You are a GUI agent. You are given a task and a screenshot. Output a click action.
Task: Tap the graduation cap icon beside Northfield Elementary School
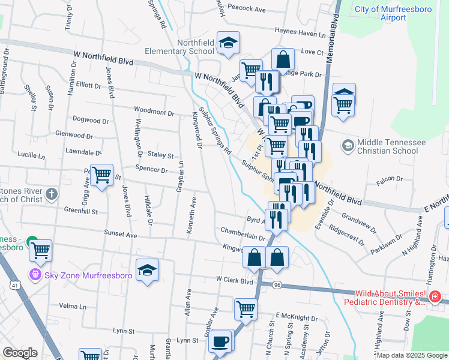[228, 43]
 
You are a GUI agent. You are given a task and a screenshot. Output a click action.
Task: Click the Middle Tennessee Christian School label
[391, 146]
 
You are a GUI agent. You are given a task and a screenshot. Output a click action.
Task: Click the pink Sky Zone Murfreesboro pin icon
[35, 275]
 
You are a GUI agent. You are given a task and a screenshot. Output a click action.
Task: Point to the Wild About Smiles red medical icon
[435, 297]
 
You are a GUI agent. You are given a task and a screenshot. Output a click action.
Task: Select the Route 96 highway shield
[276, 284]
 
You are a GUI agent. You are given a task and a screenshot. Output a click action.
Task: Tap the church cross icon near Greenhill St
[52, 194]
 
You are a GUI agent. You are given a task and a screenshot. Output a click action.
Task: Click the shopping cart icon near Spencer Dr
[101, 175]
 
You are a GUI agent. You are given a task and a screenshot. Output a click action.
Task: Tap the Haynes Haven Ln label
[300, 31]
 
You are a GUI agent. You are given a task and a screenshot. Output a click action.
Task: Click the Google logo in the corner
[20, 353]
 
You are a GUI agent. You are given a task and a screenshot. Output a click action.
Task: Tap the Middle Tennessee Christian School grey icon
[348, 145]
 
